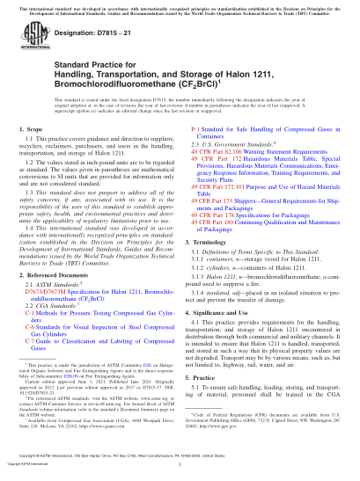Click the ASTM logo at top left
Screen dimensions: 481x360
point(33,41)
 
